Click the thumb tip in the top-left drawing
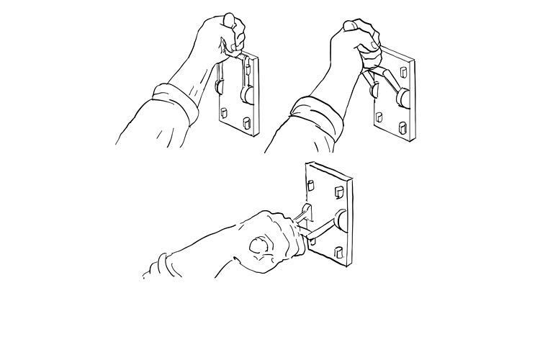pos(228,17)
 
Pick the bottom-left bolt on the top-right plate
pos(379,119)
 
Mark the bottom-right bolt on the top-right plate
pos(404,130)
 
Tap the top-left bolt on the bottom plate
pos(311,184)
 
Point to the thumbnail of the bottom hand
pos(258,246)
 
